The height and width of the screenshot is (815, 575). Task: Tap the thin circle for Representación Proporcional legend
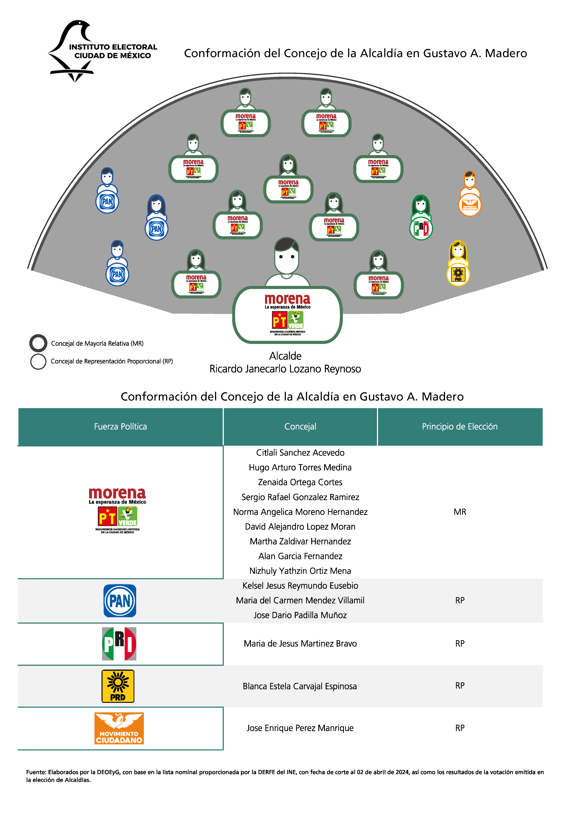point(38,361)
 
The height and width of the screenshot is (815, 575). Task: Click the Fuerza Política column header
point(120,427)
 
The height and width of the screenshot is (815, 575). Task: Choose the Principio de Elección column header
point(460,427)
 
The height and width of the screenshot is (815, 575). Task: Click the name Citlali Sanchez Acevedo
point(300,453)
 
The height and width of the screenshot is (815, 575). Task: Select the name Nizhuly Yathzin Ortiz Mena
point(300,571)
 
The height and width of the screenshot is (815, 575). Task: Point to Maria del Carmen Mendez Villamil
point(300,600)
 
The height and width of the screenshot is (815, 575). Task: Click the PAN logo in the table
point(120,601)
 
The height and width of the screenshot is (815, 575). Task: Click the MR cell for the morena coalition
point(460,512)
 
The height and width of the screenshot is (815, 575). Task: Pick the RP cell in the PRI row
point(460,643)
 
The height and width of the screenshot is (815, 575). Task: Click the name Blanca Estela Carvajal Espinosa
point(300,686)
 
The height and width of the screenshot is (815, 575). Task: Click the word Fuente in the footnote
point(36,772)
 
